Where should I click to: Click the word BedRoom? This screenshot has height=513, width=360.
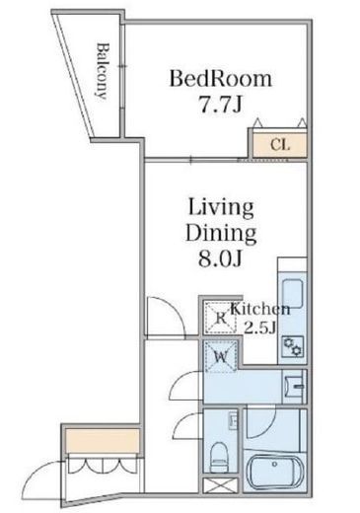[221, 79]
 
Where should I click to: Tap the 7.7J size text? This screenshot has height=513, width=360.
[221, 105]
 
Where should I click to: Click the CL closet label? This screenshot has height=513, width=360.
[280, 145]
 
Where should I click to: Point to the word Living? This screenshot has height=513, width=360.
[221, 208]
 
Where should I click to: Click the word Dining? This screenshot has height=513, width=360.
[221, 234]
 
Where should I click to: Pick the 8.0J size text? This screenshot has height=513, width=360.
[220, 258]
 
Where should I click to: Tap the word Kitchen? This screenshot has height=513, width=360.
[260, 309]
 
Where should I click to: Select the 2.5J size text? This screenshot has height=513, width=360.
[259, 328]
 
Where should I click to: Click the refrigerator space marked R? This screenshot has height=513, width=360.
[221, 318]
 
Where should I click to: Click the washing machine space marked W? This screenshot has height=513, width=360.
[221, 357]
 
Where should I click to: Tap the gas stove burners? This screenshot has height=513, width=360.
[293, 347]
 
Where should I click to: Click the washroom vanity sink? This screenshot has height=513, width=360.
[295, 387]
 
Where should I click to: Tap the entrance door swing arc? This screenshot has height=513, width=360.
[42, 471]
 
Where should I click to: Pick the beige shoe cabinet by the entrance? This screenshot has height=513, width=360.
[103, 441]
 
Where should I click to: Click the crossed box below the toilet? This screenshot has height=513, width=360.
[220, 485]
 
